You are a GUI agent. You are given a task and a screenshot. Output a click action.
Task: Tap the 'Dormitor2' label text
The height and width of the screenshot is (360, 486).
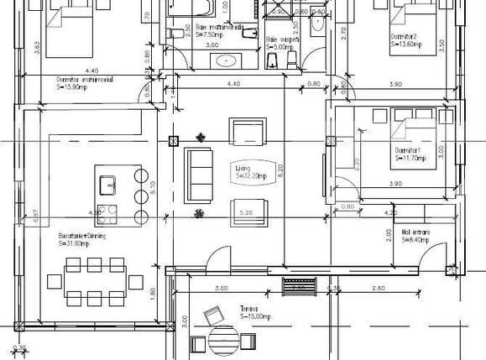(406, 38)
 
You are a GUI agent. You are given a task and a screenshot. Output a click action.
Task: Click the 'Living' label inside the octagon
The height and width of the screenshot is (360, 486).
(251, 172)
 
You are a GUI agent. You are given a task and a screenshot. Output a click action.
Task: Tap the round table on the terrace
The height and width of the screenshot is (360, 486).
(223, 340)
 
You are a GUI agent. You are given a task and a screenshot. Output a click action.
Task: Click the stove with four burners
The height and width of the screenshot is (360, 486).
(107, 211)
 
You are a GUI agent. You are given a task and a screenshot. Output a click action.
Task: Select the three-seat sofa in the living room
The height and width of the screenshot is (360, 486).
(199, 168)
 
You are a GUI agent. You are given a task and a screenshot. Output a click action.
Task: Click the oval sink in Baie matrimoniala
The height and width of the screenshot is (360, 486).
(227, 60)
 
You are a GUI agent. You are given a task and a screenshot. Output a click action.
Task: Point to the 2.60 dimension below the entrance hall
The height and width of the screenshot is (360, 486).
(379, 289)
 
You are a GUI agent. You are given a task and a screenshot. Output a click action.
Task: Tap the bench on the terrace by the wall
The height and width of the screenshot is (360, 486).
(298, 286)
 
